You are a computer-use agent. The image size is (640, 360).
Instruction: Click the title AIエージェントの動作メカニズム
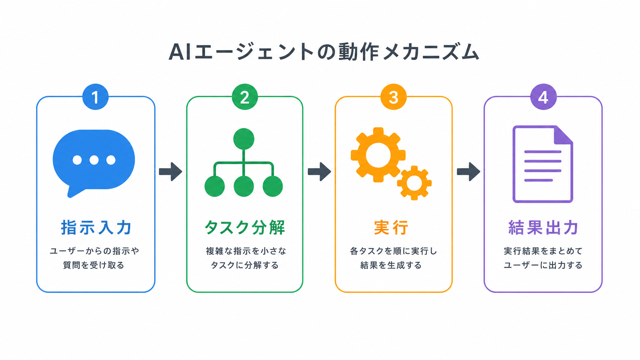pyautogui.click(x=324, y=52)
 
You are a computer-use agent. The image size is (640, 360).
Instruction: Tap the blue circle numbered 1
pyautogui.click(x=95, y=97)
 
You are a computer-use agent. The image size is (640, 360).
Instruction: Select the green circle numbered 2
pyautogui.click(x=245, y=97)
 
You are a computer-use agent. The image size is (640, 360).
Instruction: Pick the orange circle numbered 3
pyautogui.click(x=394, y=97)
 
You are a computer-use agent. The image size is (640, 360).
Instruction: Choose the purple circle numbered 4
pyautogui.click(x=543, y=97)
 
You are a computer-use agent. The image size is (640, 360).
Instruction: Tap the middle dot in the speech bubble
pyautogui.click(x=94, y=160)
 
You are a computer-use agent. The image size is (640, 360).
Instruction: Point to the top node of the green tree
pyautogui.click(x=244, y=139)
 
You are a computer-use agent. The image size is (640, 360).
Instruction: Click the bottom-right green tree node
pyautogui.click(x=272, y=186)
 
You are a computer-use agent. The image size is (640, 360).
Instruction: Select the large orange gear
pyautogui.click(x=378, y=155)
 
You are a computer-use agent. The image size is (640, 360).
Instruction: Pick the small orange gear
pyautogui.click(x=414, y=183)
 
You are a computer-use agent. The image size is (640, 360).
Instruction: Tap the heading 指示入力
pyautogui.click(x=96, y=227)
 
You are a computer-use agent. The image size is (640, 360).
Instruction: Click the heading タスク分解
pyautogui.click(x=245, y=227)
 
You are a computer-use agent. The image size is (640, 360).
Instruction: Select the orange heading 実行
pyautogui.click(x=391, y=227)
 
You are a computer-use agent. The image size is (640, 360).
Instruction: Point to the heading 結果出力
pyautogui.click(x=543, y=227)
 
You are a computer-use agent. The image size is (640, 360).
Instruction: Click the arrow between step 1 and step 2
pyautogui.click(x=170, y=172)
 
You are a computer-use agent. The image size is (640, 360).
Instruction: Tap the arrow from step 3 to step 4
pyautogui.click(x=469, y=172)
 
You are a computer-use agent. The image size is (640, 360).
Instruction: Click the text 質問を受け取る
pyautogui.click(x=94, y=265)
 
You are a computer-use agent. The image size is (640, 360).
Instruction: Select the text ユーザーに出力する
pyautogui.click(x=543, y=265)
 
